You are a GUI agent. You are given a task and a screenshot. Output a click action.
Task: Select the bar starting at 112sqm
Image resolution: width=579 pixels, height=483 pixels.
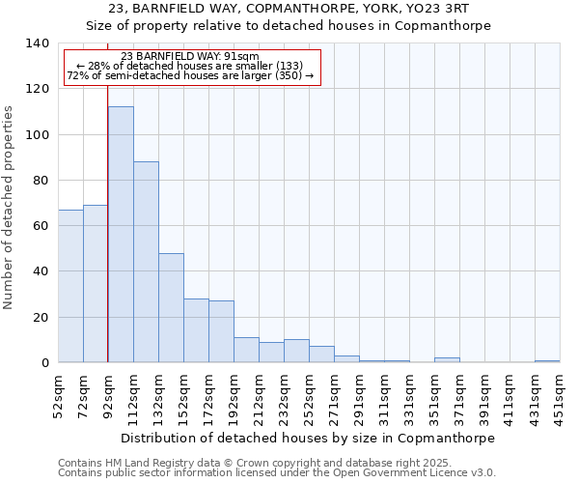(146, 262)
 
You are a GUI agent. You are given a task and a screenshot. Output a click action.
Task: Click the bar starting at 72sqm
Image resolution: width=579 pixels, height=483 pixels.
(96, 284)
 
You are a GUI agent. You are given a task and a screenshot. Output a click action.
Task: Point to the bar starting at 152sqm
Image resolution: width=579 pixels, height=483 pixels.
(196, 330)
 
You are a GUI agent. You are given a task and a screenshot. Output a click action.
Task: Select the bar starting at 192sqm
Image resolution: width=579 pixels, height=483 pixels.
(246, 350)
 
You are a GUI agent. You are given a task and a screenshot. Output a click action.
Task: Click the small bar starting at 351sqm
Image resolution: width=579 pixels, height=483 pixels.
(447, 359)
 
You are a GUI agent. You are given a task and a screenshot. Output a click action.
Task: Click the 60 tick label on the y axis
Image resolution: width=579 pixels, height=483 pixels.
(41, 226)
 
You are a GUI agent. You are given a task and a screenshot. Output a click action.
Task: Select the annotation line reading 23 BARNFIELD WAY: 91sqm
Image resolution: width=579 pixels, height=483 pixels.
(190, 57)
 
